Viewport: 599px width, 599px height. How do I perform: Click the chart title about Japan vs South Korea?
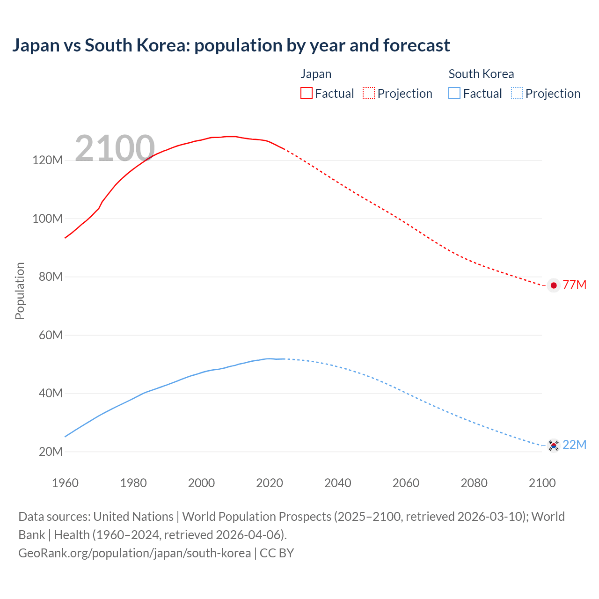[x=231, y=45]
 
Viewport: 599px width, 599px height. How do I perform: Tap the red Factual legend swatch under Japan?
[x=306, y=93]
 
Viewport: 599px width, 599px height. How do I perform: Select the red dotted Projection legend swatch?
[x=369, y=93]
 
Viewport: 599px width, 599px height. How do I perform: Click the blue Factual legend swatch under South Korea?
[x=454, y=93]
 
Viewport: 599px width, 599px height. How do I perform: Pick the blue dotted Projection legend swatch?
[x=517, y=93]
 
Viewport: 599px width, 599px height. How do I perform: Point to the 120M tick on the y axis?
[x=47, y=161]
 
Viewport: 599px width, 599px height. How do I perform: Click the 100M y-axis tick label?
[x=47, y=219]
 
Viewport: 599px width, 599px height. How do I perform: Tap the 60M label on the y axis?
[x=50, y=335]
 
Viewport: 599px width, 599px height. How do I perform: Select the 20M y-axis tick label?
[x=50, y=452]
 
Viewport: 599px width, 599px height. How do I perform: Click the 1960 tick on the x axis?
[x=65, y=483]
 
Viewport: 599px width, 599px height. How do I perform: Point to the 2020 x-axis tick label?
[x=270, y=483]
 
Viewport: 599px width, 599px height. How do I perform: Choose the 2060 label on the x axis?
[x=406, y=483]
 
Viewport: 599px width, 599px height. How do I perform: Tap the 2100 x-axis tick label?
[x=542, y=483]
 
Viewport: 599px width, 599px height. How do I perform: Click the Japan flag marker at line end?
[x=554, y=285]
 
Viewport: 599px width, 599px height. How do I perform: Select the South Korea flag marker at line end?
[x=554, y=446]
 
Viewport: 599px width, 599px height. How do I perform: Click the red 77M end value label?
[x=574, y=285]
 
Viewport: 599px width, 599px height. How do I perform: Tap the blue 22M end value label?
[x=574, y=445]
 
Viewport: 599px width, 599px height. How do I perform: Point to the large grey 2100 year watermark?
[x=115, y=148]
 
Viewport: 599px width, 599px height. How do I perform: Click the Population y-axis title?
[x=20, y=291]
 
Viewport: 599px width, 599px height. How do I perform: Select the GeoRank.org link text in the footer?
[x=134, y=553]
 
